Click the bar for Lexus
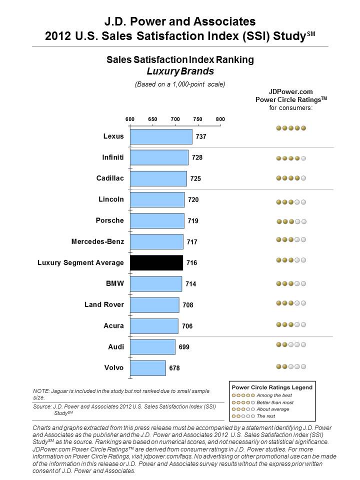(161, 136)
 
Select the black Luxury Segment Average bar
(156, 262)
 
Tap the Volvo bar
(148, 368)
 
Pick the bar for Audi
(153, 347)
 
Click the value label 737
(201, 136)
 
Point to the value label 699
(184, 347)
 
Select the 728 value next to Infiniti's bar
(197, 157)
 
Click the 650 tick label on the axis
(152, 119)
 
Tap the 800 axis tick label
(220, 119)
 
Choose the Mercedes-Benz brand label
(97, 241)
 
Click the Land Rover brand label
(104, 304)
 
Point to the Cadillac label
(110, 178)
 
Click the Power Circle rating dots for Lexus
(291, 128)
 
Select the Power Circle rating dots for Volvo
(291, 366)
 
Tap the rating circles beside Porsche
(291, 221)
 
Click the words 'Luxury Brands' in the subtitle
(180, 71)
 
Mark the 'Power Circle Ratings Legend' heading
(272, 387)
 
